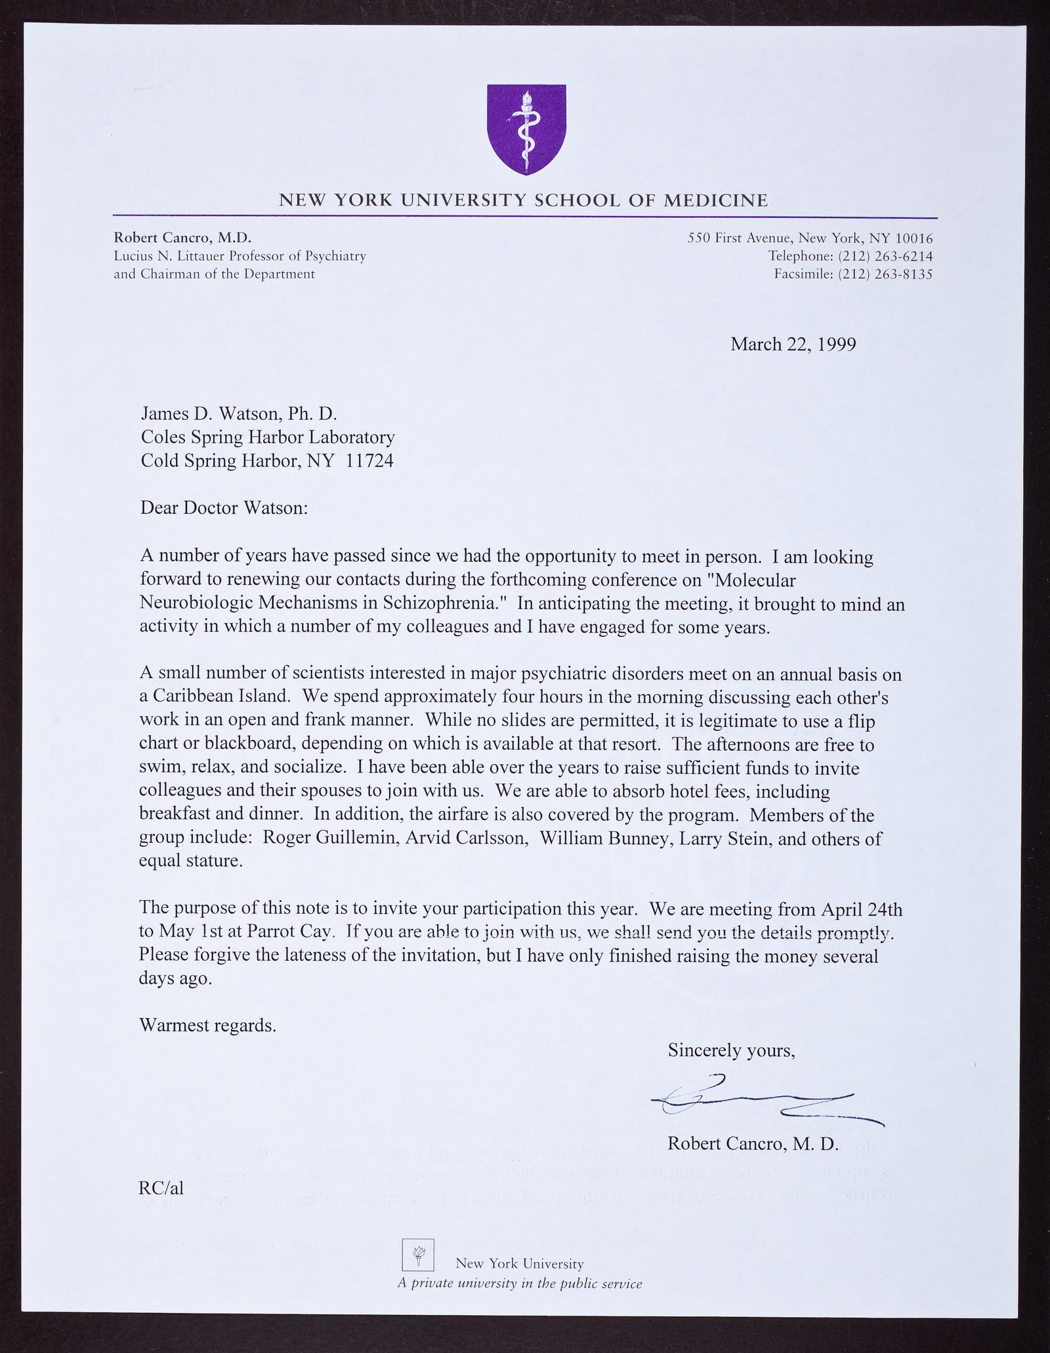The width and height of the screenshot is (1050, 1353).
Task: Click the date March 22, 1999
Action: click(793, 344)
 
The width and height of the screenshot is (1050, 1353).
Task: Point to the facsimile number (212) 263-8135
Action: click(885, 274)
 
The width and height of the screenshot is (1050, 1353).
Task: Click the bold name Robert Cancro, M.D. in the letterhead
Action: click(182, 238)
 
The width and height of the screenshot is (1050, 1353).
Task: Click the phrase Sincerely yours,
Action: click(732, 1050)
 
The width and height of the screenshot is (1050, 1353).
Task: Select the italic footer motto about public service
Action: click(519, 1283)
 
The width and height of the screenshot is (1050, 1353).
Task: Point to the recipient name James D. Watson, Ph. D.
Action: click(238, 414)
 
